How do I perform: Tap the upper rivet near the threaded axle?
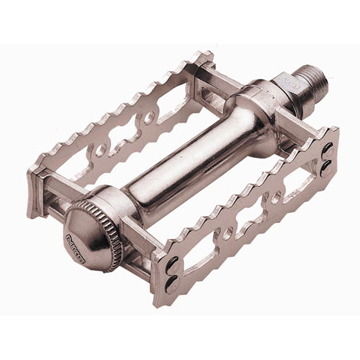328,147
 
